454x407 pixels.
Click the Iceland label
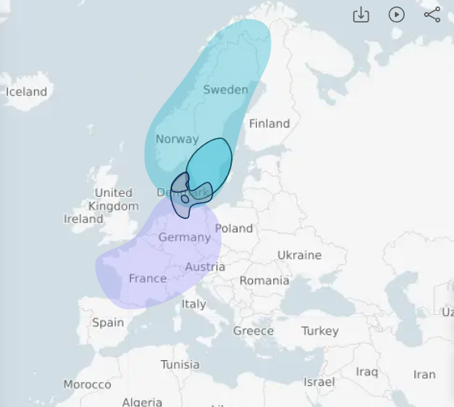point(27,91)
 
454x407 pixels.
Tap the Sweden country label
point(225,90)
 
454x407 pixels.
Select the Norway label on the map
point(177,139)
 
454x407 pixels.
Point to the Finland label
point(269,124)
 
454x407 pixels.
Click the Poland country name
point(233,229)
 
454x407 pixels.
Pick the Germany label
point(184,237)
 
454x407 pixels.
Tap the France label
point(148,279)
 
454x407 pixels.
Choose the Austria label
point(205,267)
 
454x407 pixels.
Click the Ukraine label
point(299,255)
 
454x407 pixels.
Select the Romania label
point(264,281)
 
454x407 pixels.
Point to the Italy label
point(194,304)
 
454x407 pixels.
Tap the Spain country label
point(108,322)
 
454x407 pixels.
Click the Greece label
point(254,331)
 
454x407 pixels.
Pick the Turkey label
point(320,331)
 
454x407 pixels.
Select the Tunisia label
point(179,364)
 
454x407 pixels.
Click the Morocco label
point(87,384)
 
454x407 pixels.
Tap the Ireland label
point(83,219)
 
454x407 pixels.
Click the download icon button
point(361,15)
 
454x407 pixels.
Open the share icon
point(432,15)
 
